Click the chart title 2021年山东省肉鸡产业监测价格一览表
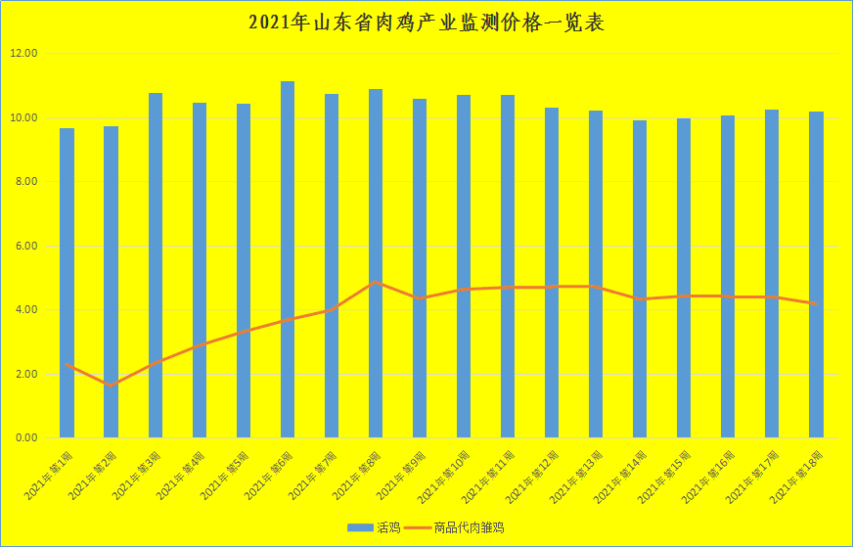coord(426,22)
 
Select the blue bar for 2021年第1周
coord(67,284)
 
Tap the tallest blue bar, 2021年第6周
coord(288,259)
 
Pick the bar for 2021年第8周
coord(376,264)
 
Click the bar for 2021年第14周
coord(640,279)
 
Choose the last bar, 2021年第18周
coord(816,274)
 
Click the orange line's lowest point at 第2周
coord(111,386)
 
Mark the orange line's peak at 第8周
coord(376,282)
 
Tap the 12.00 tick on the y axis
coord(23,54)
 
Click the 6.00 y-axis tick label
coord(23,246)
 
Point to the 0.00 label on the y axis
coord(23,437)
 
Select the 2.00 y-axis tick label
coord(23,374)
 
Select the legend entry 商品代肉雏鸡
coord(469,527)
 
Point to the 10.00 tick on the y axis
coord(23,117)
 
